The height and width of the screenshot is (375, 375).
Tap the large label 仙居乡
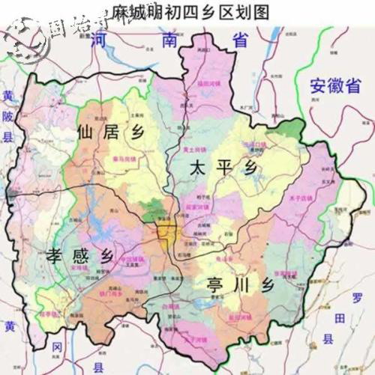coord(109,133)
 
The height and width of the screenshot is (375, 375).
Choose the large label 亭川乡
coord(233,284)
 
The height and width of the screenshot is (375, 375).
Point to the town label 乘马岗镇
coord(123,159)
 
